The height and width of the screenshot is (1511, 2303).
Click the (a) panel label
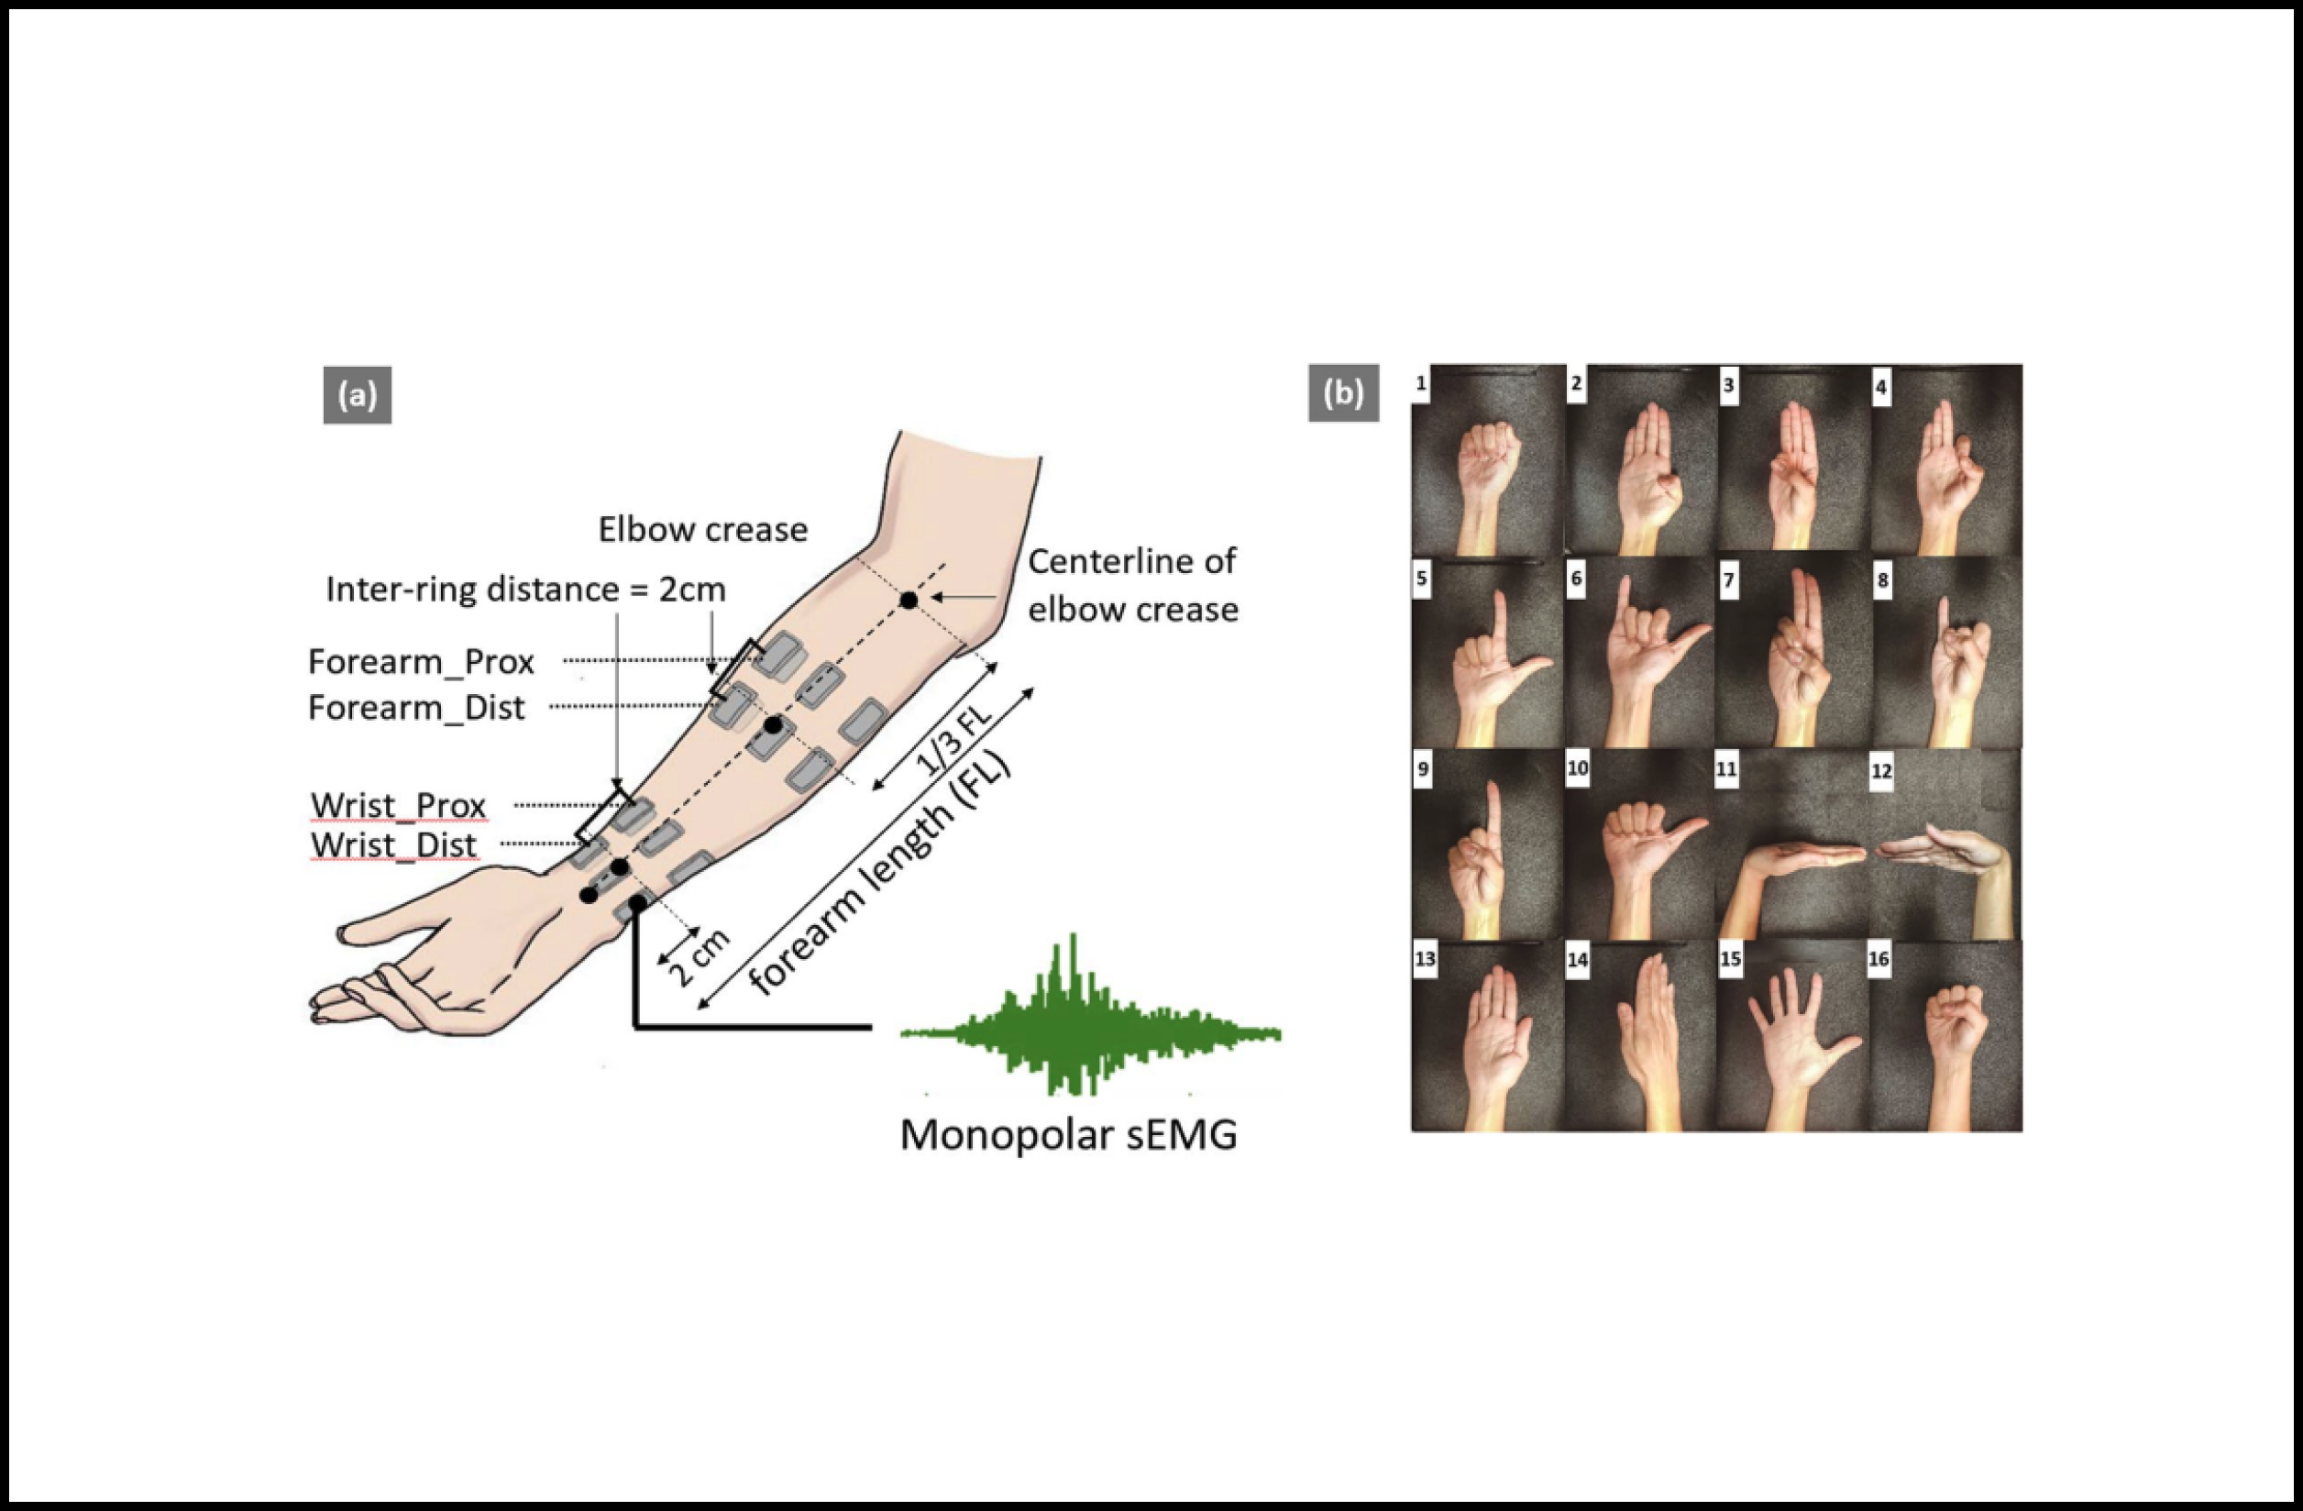coord(357,395)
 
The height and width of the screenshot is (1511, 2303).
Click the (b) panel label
coord(1343,393)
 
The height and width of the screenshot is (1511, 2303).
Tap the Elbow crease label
coord(702,529)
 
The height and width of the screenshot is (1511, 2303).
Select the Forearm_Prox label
coord(421,662)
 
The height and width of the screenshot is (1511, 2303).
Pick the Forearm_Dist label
coord(416,708)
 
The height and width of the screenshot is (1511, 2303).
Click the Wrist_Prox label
coord(398,805)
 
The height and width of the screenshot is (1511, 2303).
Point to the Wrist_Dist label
coord(394,845)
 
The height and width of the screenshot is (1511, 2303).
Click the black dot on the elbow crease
coord(909,601)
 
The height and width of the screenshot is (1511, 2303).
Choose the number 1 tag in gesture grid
coord(1420,384)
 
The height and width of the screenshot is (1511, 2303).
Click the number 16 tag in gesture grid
coord(1879,959)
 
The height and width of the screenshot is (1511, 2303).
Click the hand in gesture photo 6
coord(1645,648)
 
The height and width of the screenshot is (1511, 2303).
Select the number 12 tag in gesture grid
coord(1881,771)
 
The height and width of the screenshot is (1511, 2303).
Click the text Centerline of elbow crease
coord(1132,585)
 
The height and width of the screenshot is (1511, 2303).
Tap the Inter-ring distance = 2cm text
coord(525,590)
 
